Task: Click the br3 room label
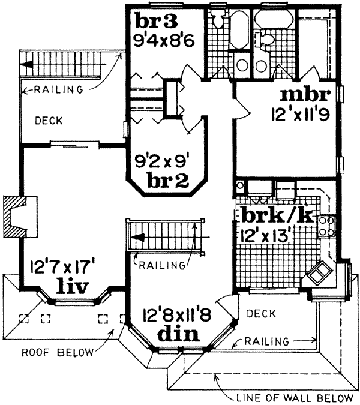click(158, 20)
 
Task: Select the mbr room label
click(305, 95)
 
